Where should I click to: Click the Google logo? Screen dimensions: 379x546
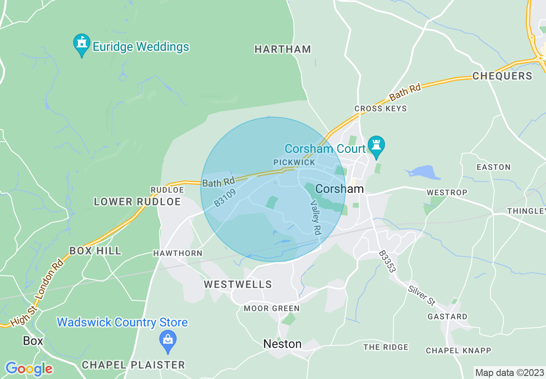(x=29, y=369)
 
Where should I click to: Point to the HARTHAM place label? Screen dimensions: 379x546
(x=282, y=50)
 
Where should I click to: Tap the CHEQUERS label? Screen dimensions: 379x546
(x=502, y=76)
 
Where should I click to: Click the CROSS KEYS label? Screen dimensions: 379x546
(x=380, y=109)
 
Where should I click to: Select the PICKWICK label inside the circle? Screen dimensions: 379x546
(x=294, y=162)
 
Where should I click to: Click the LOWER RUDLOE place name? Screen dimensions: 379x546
(x=137, y=202)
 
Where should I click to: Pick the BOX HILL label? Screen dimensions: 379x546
(x=95, y=251)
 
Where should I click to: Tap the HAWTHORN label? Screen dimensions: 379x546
(x=177, y=253)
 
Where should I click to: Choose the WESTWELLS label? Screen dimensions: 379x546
(x=238, y=284)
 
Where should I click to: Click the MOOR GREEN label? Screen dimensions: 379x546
(x=271, y=308)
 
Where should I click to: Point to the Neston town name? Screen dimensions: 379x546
(x=282, y=344)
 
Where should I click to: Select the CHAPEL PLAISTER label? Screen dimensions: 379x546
(x=133, y=365)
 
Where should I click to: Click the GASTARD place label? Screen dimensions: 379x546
(x=447, y=317)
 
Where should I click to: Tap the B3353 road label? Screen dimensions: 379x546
(x=388, y=261)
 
